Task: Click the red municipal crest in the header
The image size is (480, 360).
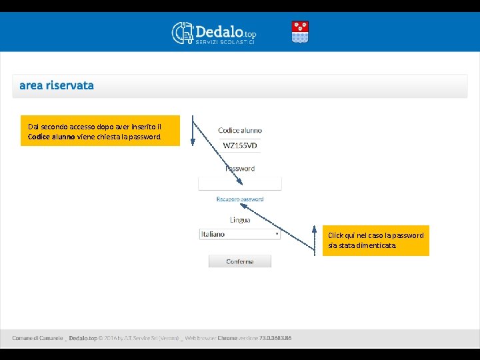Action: click(300, 32)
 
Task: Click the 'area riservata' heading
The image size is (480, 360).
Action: click(57, 85)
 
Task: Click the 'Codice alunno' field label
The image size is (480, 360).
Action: click(240, 130)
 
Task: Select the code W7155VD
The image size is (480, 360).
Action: click(240, 145)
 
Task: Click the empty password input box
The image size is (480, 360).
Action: click(240, 183)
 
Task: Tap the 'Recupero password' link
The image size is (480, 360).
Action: click(240, 199)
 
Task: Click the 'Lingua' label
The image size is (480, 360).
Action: click(240, 219)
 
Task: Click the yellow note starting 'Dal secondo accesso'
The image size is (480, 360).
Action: click(100, 131)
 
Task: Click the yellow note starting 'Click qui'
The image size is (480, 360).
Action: click(375, 240)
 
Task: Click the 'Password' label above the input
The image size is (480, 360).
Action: click(240, 169)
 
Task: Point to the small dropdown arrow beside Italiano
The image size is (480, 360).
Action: click(277, 234)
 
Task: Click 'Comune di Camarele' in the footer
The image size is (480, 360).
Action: click(37, 338)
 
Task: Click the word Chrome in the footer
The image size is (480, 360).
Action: click(227, 338)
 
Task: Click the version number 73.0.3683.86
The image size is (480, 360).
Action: click(275, 338)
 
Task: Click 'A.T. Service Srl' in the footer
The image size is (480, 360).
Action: click(157, 338)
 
